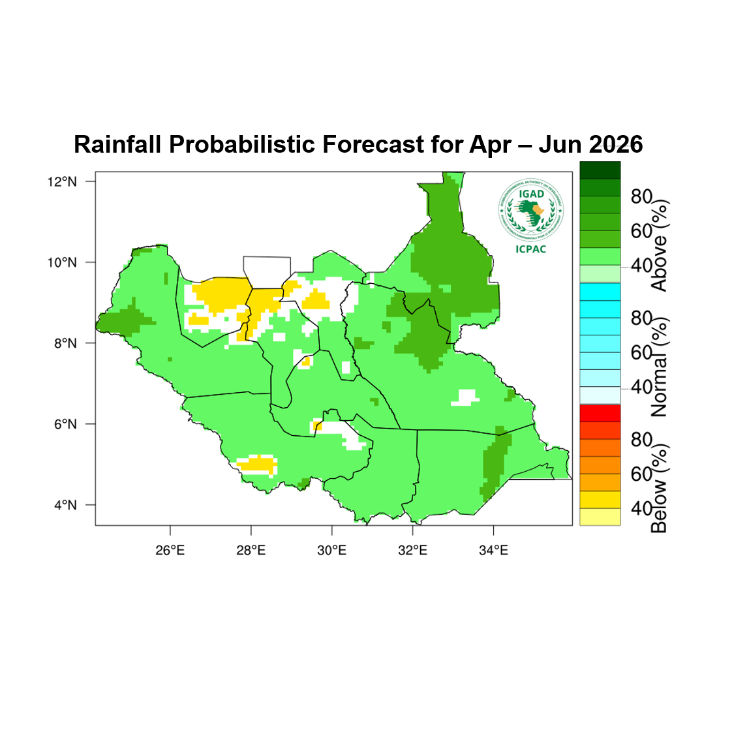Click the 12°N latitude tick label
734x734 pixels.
pyautogui.click(x=62, y=181)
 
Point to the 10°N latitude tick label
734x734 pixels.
pyautogui.click(x=62, y=262)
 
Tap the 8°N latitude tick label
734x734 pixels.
pyautogui.click(x=65, y=343)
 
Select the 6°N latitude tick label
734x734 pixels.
pyautogui.click(x=65, y=424)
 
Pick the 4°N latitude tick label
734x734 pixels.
pyautogui.click(x=65, y=505)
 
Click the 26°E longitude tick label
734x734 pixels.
pyautogui.click(x=170, y=550)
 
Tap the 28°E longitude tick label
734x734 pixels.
pyautogui.click(x=251, y=550)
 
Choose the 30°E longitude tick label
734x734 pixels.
pyautogui.click(x=331, y=550)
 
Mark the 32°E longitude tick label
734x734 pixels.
pyautogui.click(x=412, y=550)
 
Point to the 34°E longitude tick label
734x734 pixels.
pyautogui.click(x=493, y=550)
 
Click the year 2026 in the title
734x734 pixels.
pyautogui.click(x=615, y=144)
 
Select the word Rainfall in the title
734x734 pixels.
pyautogui.click(x=117, y=144)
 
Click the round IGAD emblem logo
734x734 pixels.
pyautogui.click(x=530, y=209)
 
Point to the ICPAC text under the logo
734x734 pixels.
pyautogui.click(x=530, y=249)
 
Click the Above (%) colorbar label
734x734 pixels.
pyautogui.click(x=660, y=245)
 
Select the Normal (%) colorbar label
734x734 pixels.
pyautogui.click(x=660, y=367)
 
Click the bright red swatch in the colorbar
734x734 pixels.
pyautogui.click(x=600, y=413)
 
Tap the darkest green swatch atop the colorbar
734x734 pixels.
pyautogui.click(x=600, y=170)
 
